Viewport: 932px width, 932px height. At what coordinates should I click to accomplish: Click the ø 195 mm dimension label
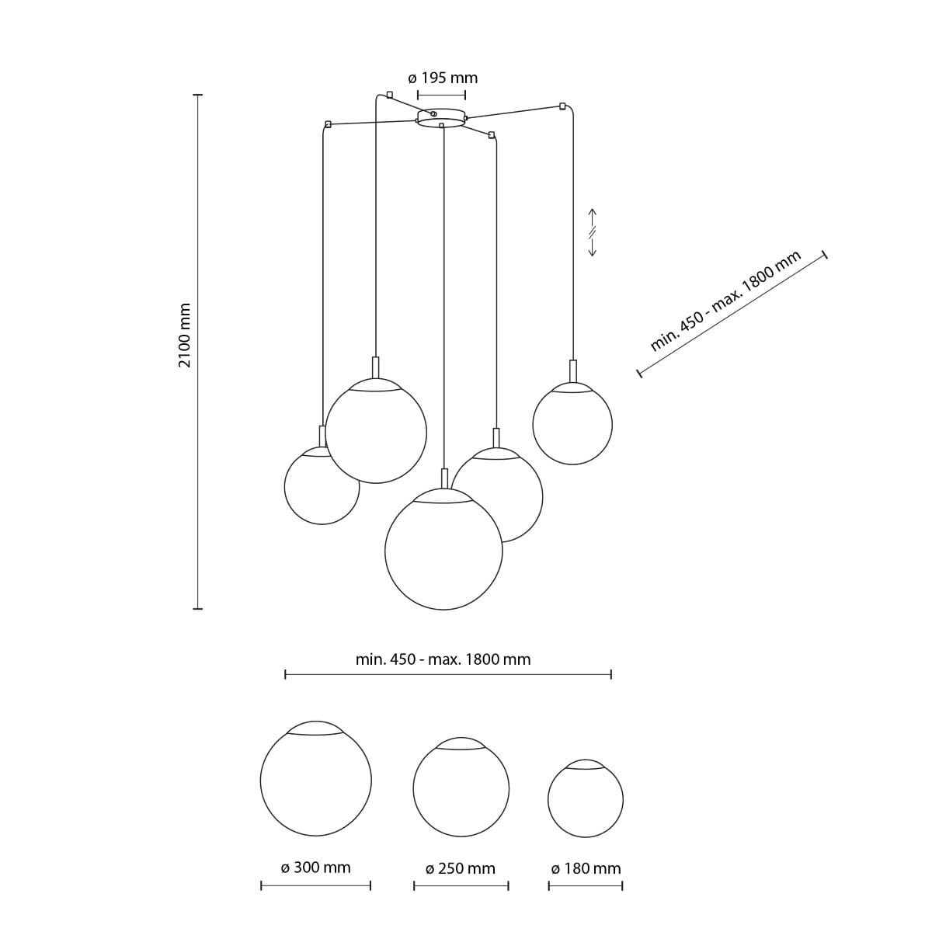[443, 78]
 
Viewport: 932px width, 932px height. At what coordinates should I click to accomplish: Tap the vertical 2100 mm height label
[185, 336]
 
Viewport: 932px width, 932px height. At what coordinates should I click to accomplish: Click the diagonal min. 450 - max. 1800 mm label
[725, 301]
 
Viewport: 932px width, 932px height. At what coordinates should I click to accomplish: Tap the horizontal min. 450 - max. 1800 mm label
[443, 659]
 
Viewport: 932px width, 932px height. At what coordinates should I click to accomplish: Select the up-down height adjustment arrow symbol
[593, 233]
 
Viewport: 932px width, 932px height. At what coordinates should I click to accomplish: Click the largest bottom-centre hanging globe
[443, 549]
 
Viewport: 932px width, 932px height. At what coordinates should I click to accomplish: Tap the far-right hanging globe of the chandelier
[572, 424]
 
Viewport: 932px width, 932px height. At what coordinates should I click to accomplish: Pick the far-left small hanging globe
[321, 485]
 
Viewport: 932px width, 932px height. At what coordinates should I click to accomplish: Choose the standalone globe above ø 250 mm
[461, 788]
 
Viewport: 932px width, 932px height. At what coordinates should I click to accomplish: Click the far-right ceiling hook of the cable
[562, 106]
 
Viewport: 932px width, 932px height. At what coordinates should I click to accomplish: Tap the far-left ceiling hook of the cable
[329, 124]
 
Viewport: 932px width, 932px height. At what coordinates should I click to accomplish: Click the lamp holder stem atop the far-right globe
[573, 371]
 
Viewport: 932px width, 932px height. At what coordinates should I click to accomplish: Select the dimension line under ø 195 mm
[441, 94]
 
